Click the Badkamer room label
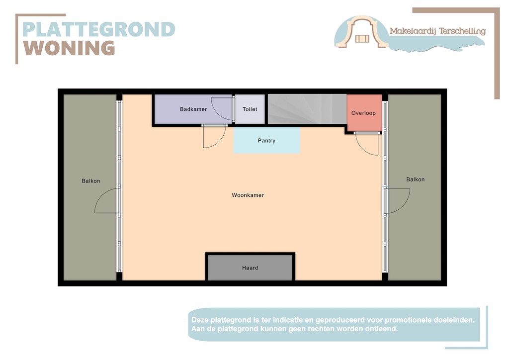193,109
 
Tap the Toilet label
250,109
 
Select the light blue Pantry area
266,141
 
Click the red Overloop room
364,113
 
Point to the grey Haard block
250,268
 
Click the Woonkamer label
248,195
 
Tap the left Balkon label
91,181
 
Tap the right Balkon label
415,180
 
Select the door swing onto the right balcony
398,201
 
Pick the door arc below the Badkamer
214,137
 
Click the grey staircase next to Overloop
306,109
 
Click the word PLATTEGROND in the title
98,30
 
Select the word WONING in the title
69,48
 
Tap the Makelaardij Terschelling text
437,31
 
